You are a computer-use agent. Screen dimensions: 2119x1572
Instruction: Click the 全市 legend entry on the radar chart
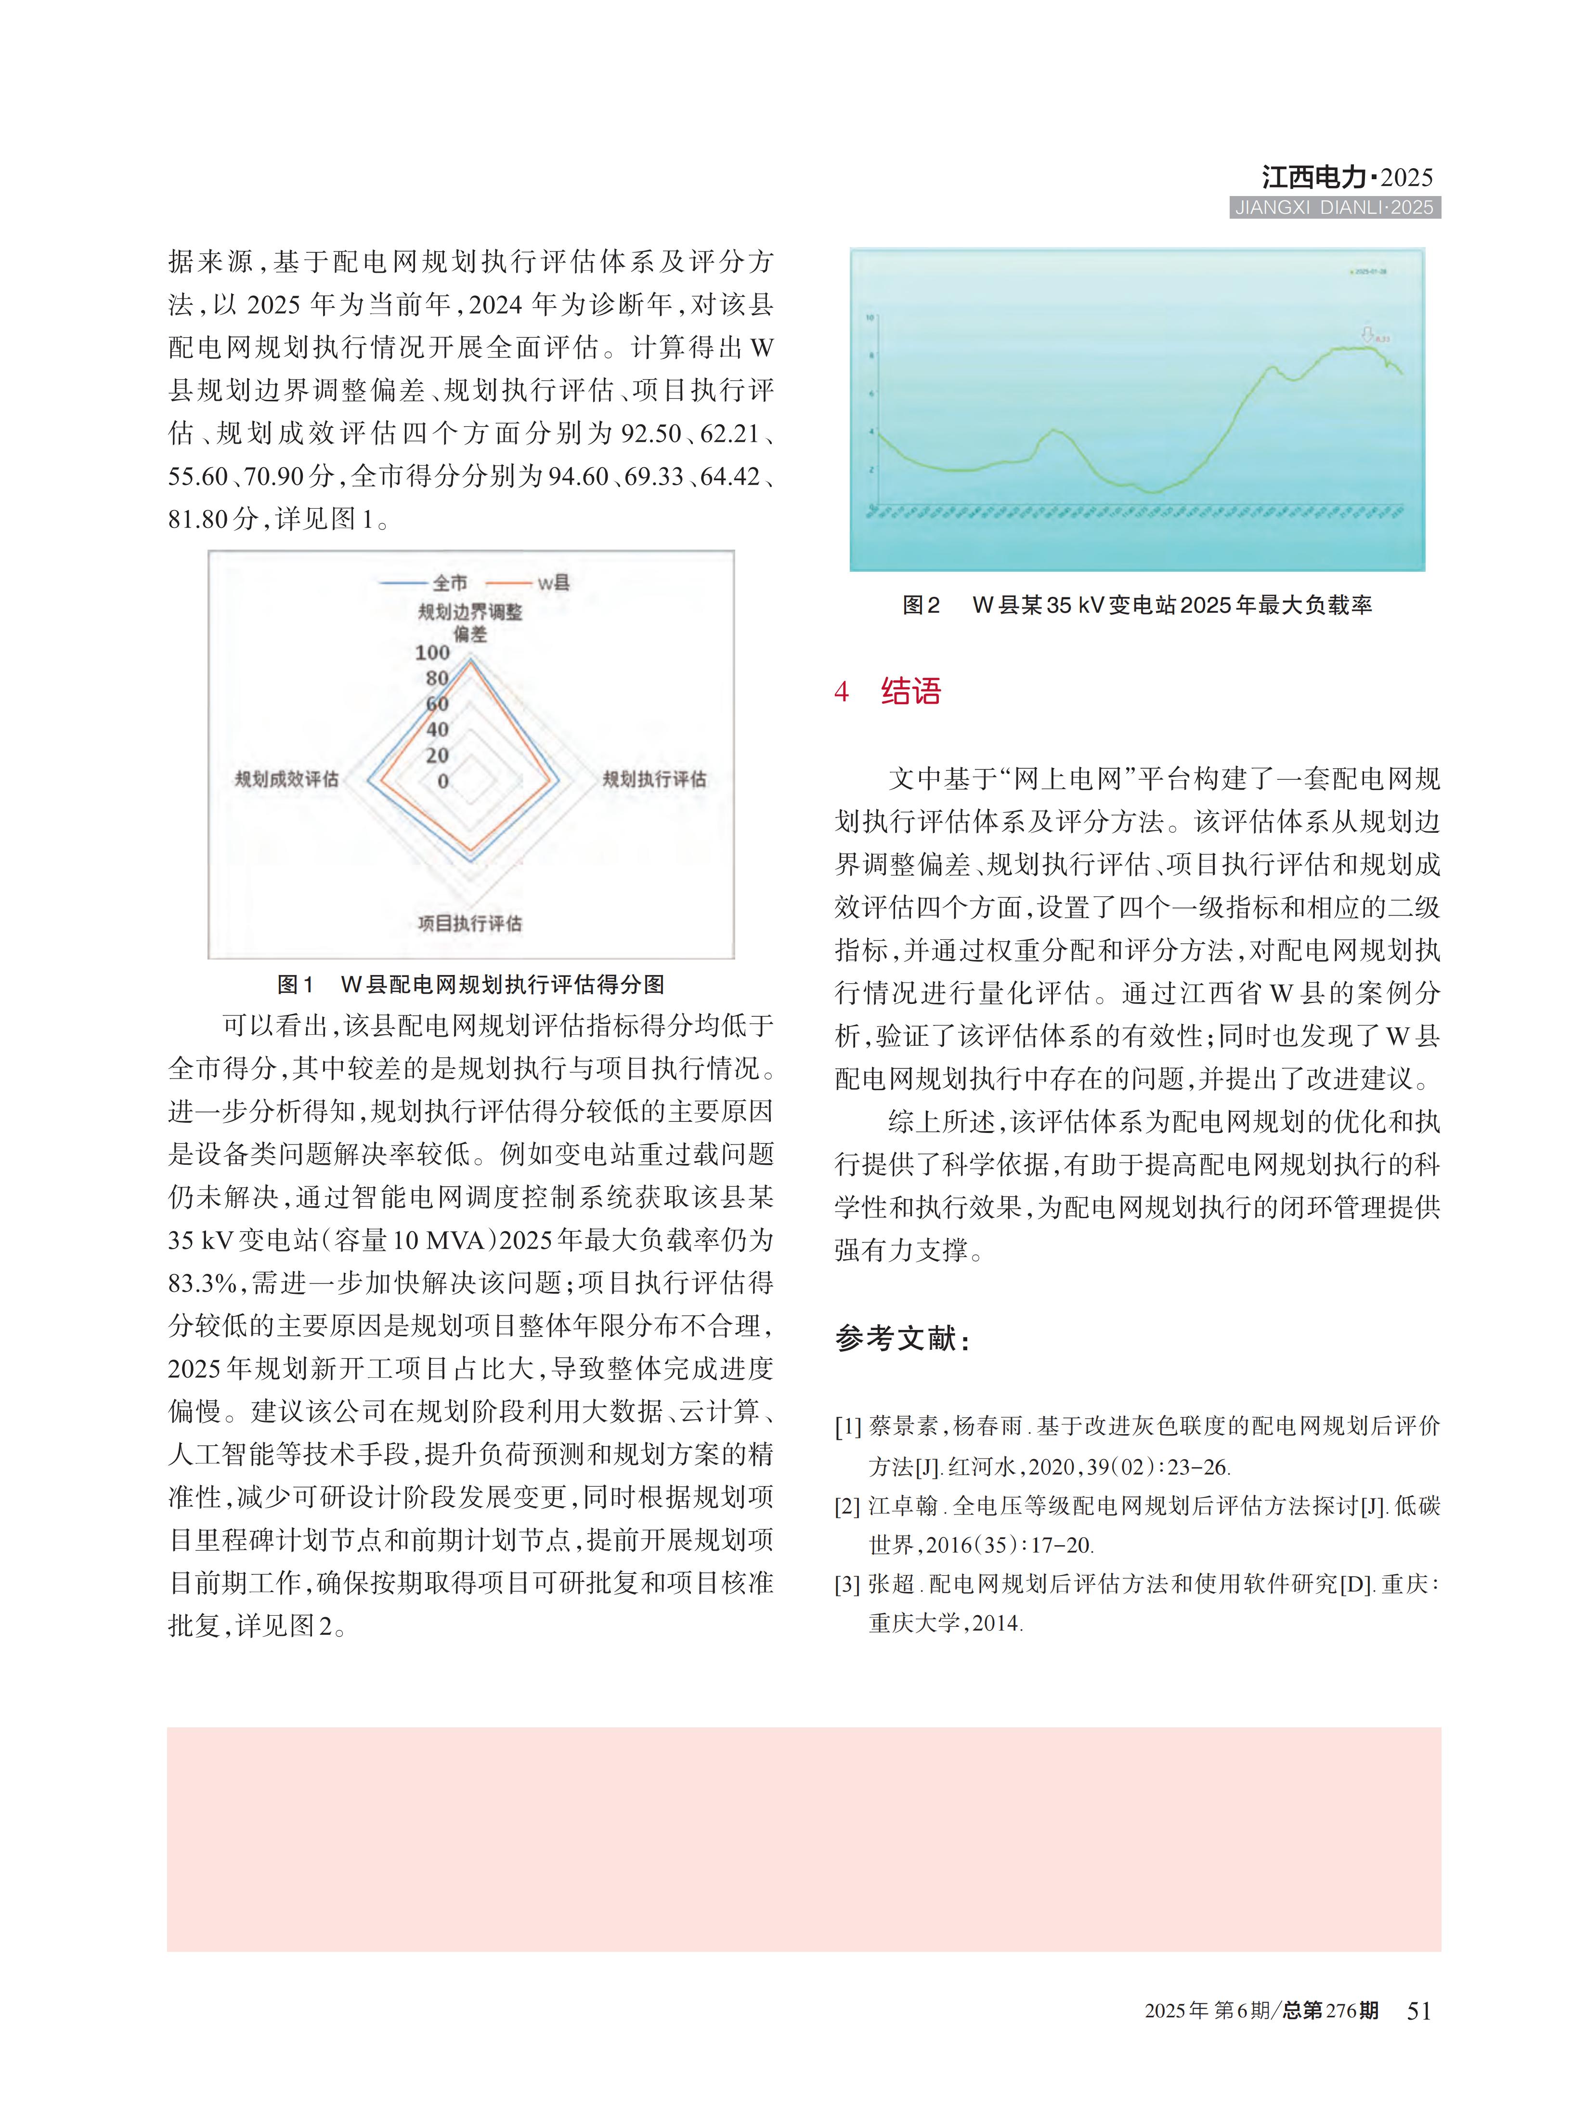[x=449, y=582]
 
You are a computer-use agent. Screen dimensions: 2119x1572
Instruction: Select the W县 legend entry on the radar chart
[x=552, y=582]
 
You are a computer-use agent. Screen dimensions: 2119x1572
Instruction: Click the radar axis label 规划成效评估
[x=286, y=779]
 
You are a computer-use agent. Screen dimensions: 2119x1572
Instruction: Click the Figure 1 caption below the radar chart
[x=470, y=984]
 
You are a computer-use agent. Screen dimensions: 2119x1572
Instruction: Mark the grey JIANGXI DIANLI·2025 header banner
[x=1334, y=208]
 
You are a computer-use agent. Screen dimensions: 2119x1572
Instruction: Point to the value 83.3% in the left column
[x=202, y=1283]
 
